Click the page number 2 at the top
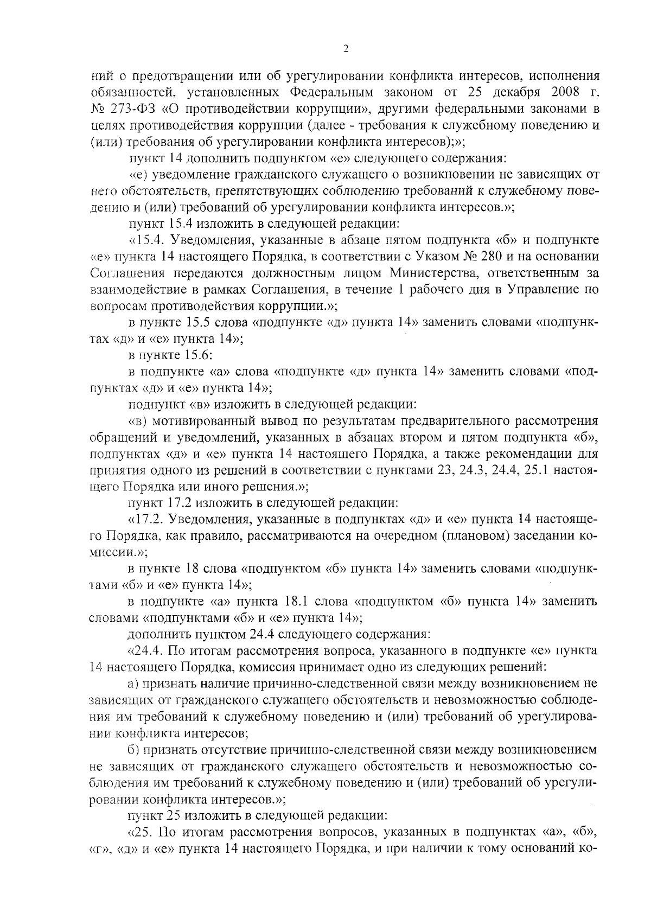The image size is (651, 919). (x=346, y=49)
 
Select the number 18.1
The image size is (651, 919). (x=298, y=601)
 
